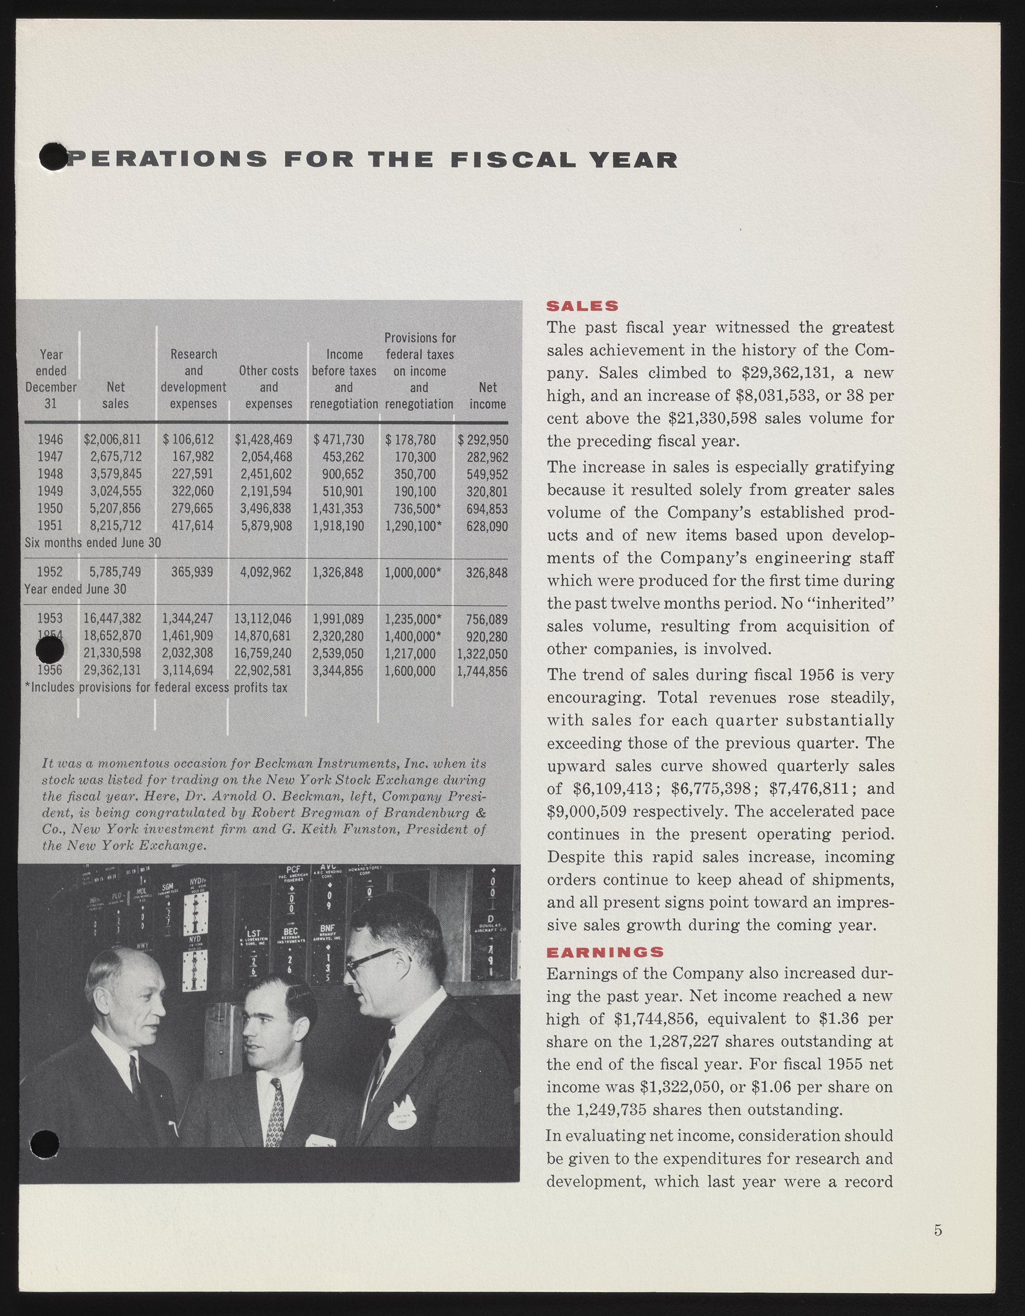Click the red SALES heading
[582, 306]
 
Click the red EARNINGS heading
[605, 952]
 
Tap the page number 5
[938, 1230]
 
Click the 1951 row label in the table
[50, 525]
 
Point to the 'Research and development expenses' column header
[193, 379]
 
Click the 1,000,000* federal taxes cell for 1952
[413, 572]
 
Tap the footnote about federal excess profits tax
[156, 688]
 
